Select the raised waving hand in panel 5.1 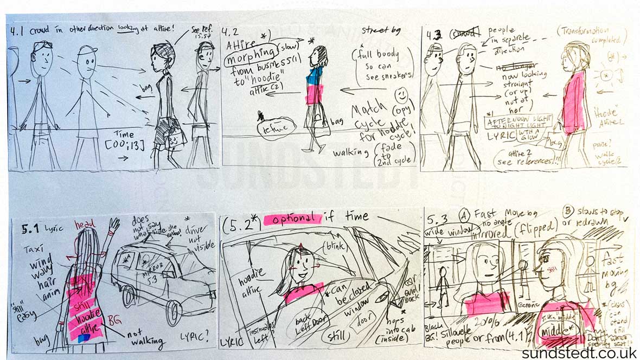(x=114, y=225)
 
